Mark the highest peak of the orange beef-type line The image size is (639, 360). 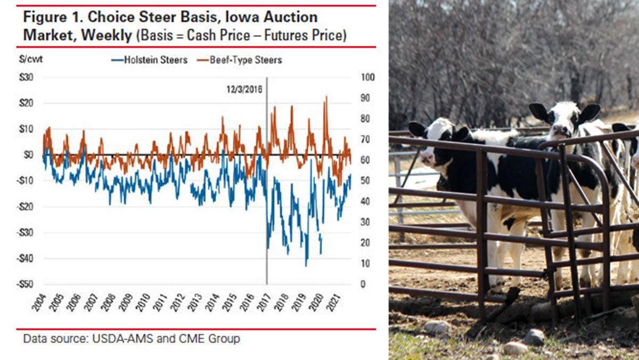pyautogui.click(x=326, y=97)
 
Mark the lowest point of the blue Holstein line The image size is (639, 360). pyautogui.click(x=306, y=266)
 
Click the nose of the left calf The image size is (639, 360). pyautogui.click(x=426, y=157)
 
